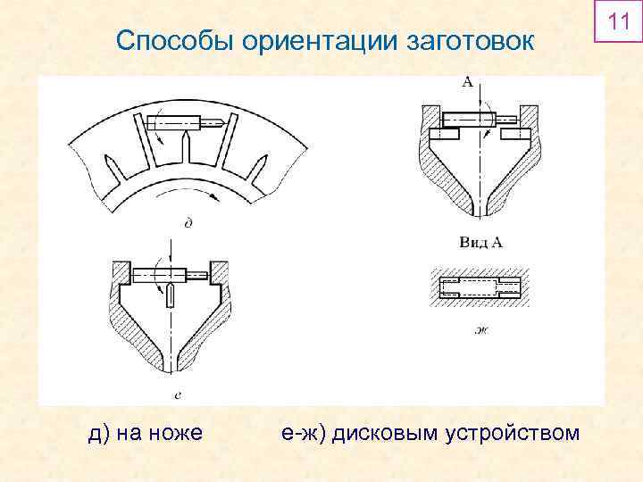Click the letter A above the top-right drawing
coord(468,83)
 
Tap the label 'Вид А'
coord(480,242)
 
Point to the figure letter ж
coord(480,332)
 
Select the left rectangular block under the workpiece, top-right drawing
coord(445,134)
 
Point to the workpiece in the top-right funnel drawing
coord(469,117)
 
